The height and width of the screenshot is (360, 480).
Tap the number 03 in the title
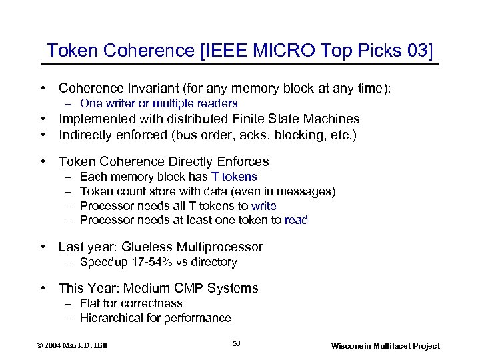point(417,51)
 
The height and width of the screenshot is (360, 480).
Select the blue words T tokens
point(234,177)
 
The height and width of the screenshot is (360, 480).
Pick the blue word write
point(264,206)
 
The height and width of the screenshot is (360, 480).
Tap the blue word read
point(296,220)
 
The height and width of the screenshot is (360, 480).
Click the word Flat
point(90,303)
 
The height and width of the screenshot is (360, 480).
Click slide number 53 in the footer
point(237,343)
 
